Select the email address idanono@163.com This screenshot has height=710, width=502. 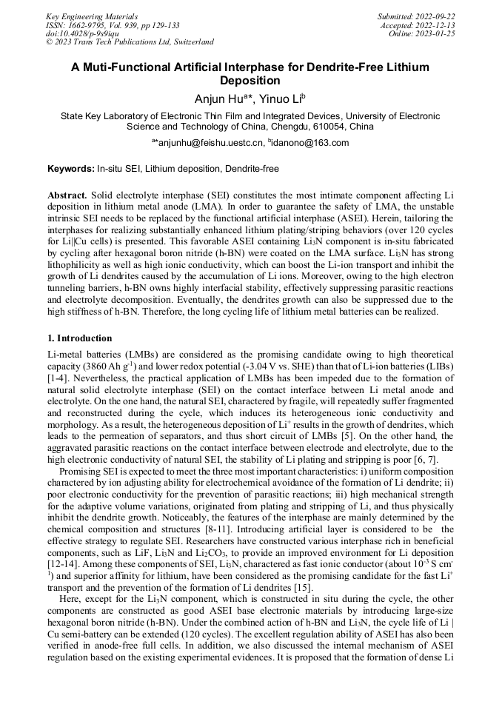[x=309, y=143]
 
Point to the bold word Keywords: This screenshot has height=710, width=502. [x=71, y=169]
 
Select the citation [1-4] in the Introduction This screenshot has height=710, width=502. [x=59, y=378]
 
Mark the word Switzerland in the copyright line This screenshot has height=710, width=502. [x=190, y=42]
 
